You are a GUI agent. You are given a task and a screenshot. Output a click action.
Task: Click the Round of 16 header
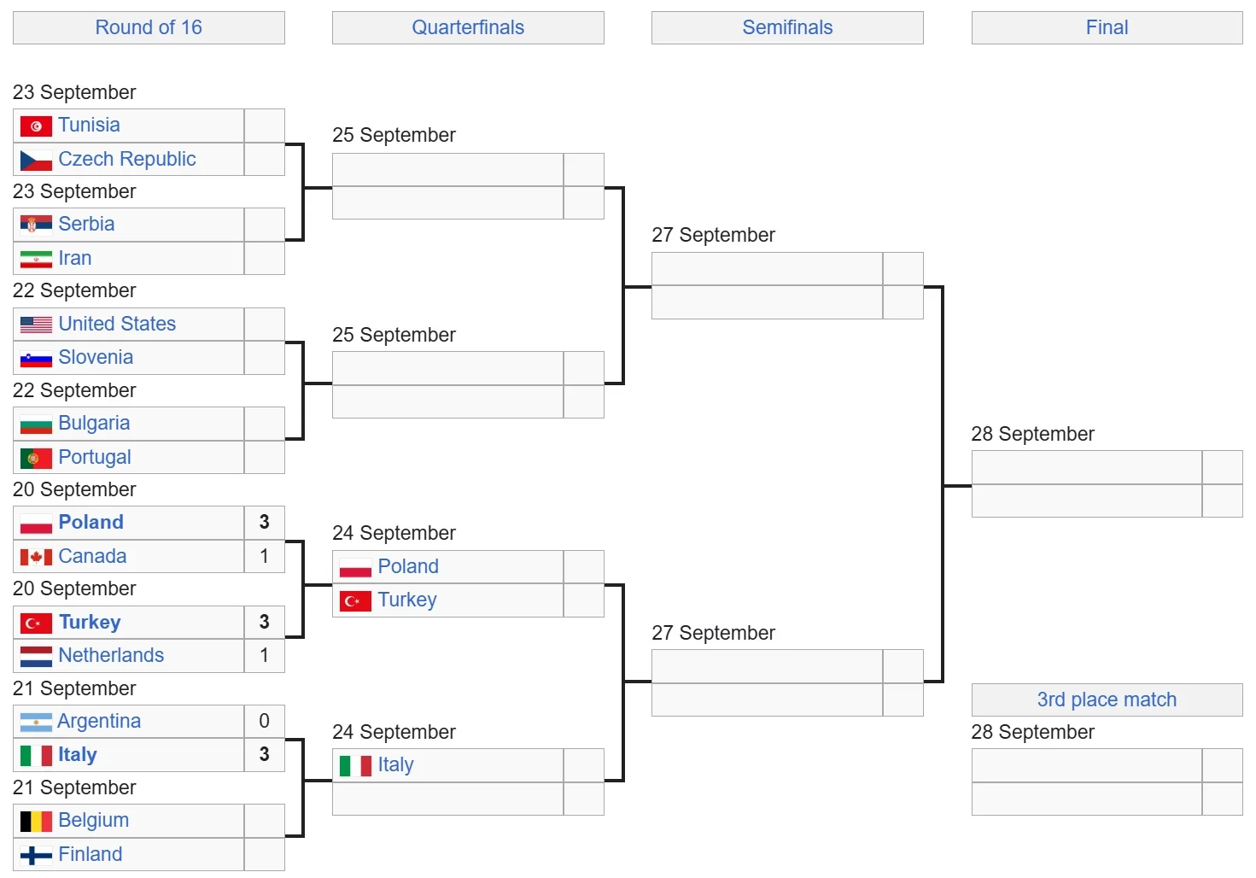149,27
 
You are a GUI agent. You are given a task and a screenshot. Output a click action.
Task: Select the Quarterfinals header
468,27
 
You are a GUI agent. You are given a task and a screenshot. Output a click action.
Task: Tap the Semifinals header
787,27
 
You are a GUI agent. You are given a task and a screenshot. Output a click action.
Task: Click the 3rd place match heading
1107,699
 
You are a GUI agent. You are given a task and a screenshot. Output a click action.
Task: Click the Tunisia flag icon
36,126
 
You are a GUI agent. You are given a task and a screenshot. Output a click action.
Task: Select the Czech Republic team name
127,159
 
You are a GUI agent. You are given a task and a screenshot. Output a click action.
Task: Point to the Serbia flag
36,225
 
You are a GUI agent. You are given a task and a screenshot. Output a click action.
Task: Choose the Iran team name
75,258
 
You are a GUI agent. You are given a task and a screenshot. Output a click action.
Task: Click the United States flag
36,325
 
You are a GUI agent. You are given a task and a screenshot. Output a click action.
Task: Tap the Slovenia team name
96,357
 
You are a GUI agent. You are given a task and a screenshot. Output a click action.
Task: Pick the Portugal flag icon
36,458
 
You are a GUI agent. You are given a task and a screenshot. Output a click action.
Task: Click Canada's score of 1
264,556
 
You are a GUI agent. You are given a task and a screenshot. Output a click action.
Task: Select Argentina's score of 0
264,721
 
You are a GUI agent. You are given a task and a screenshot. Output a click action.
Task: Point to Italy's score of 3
264,754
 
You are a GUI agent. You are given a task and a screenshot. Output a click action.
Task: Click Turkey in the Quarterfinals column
407,600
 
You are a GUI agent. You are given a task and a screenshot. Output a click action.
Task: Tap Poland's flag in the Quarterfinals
355,567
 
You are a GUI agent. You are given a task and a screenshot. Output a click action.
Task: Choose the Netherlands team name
111,655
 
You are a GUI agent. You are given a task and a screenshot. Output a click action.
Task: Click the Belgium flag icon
36,821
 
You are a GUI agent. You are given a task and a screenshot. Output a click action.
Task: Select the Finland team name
91,854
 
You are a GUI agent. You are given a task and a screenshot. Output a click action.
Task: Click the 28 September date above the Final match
1032,434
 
